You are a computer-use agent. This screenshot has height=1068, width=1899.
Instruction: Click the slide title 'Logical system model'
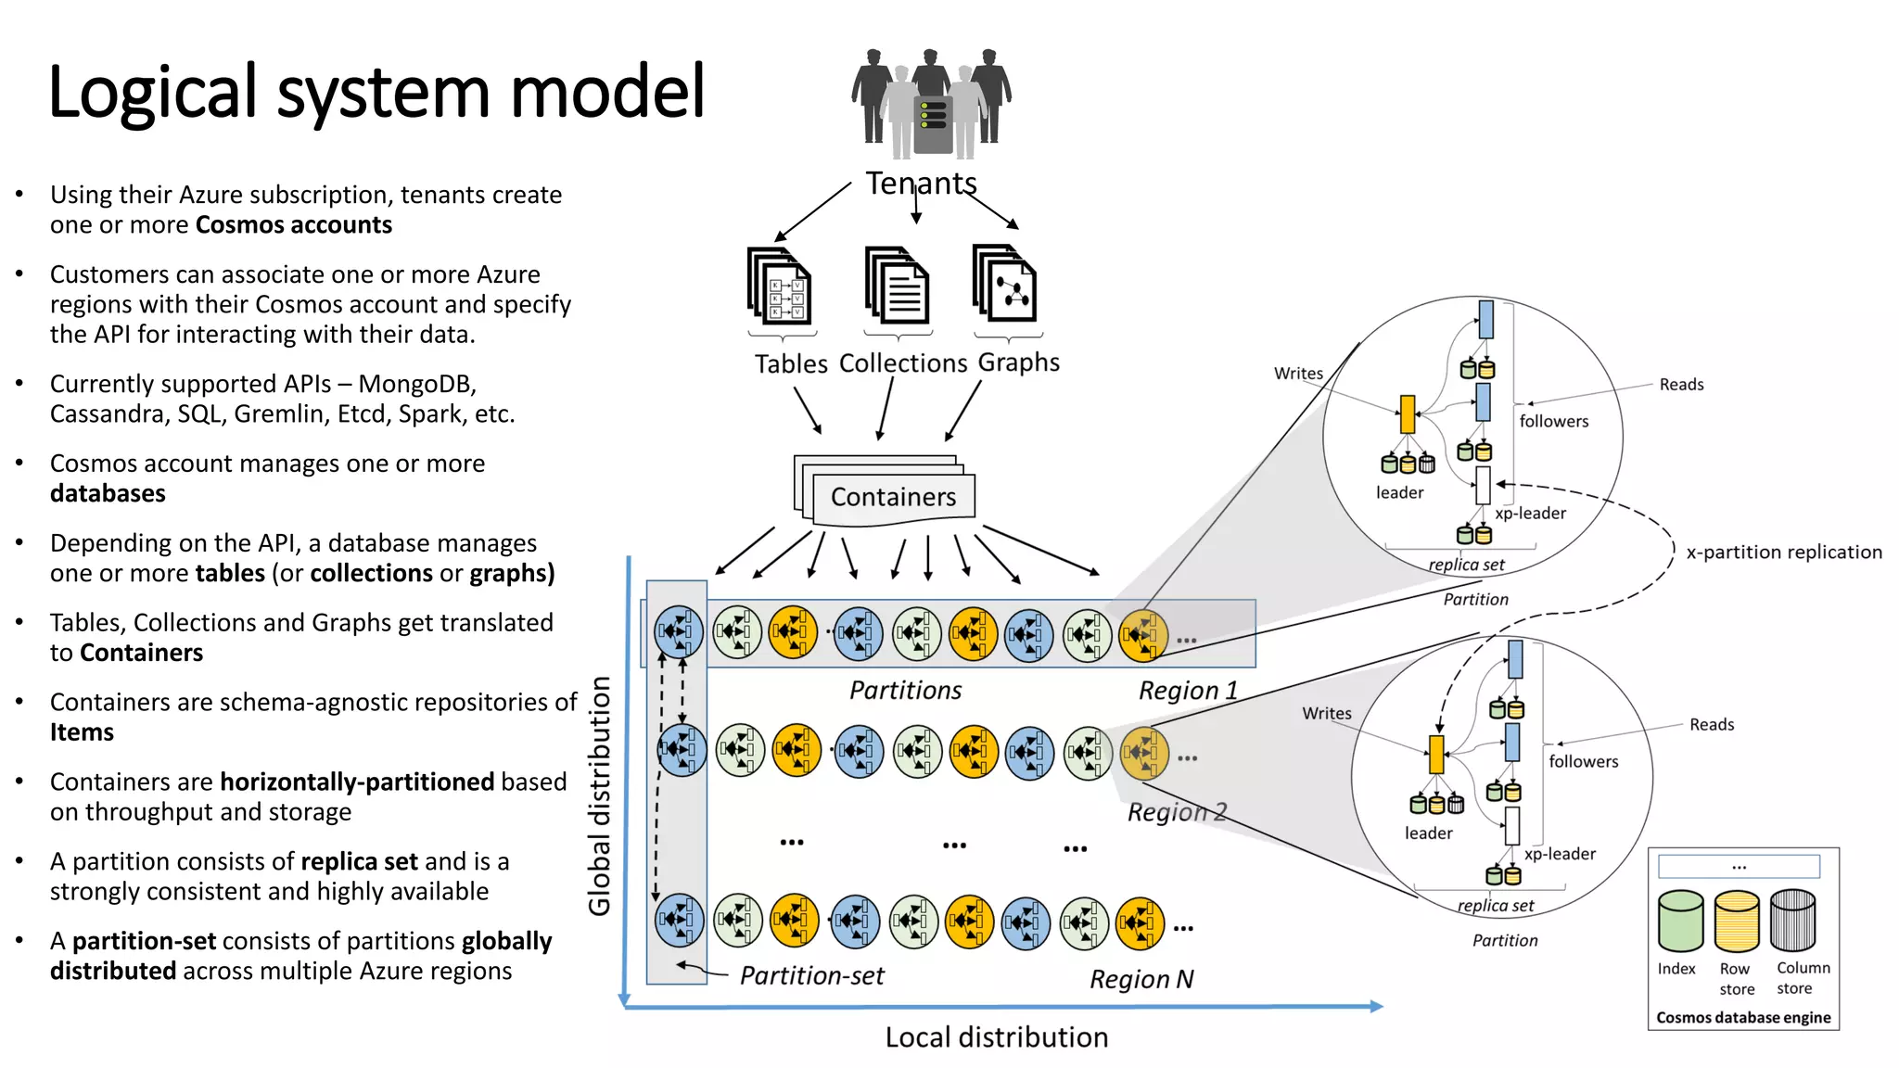376,93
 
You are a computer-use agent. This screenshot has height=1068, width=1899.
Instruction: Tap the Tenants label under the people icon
921,184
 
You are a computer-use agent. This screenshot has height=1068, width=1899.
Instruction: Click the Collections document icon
897,286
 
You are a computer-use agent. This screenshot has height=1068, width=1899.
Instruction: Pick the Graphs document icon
1005,284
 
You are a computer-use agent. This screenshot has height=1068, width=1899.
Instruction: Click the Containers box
892,497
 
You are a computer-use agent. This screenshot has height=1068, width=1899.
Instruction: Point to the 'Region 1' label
1188,691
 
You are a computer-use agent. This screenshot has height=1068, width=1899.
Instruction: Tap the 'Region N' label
1141,979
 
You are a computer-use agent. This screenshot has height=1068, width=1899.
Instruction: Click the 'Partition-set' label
811,975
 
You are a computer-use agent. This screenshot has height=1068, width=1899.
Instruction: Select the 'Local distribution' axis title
996,1037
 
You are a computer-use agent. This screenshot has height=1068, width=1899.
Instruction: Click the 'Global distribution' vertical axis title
600,796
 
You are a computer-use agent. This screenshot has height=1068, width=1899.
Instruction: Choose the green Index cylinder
1680,921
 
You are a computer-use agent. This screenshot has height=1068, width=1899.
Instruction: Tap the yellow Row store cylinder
1737,921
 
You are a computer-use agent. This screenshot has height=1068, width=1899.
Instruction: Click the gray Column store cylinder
1792,921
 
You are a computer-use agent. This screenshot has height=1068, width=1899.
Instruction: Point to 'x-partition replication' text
1784,553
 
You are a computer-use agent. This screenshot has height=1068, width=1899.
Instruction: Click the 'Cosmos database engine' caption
1743,1017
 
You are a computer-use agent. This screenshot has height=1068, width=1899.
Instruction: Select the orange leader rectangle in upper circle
1407,414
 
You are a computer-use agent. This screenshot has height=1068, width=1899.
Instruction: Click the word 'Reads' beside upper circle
1681,385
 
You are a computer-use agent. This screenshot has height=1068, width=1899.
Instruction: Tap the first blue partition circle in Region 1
679,632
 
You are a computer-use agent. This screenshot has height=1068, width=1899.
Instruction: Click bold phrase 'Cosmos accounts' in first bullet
294,225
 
